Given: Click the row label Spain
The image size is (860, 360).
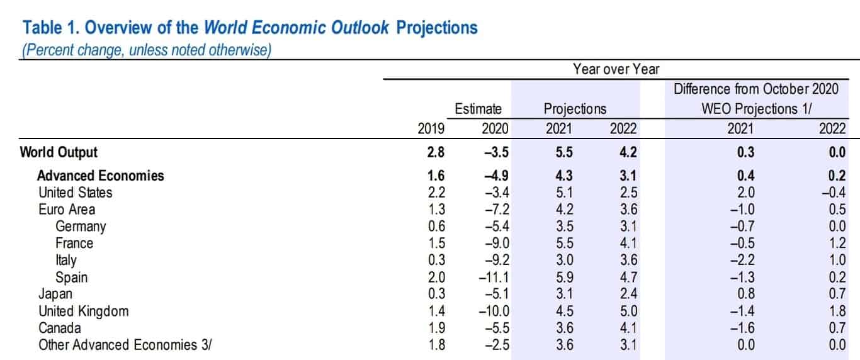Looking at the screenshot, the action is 71,277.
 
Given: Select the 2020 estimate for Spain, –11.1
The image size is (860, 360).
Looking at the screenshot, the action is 494,277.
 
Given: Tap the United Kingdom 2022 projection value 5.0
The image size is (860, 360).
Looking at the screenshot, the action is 628,311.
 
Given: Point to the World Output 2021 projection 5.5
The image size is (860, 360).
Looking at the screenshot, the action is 564,152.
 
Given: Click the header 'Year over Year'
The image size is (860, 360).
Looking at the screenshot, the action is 616,69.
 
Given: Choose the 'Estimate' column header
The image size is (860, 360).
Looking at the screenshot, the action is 478,109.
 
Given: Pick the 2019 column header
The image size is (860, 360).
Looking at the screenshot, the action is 431,128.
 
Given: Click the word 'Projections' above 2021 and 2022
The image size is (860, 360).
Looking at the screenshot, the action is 575,109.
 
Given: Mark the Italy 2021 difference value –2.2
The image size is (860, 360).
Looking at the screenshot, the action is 742,260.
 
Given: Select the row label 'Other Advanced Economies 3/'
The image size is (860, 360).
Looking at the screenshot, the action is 125,345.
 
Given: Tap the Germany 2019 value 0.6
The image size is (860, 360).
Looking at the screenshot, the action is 436,227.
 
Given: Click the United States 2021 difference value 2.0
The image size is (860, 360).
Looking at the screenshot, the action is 746,193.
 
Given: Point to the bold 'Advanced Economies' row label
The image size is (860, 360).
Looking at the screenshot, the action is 101,176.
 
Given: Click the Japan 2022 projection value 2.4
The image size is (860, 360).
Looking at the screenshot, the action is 628,294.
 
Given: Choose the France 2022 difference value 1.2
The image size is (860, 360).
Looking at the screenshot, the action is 837,244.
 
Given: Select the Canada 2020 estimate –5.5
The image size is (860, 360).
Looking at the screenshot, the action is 497,328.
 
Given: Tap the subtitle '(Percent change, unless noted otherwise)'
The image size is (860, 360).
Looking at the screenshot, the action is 147,50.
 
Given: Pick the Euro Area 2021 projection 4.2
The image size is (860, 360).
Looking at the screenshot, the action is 565,210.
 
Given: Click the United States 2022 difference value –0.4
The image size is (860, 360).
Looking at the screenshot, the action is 834,193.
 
